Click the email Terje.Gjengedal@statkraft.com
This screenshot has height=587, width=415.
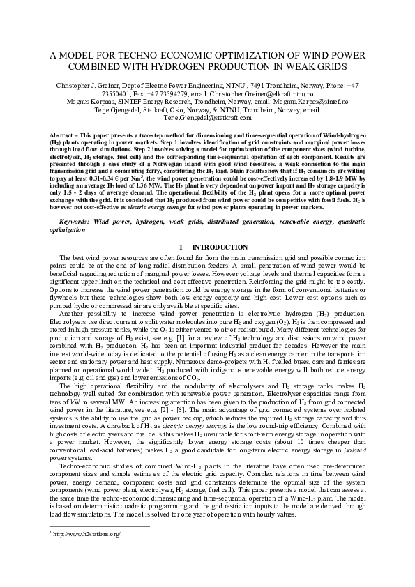click(x=206, y=116)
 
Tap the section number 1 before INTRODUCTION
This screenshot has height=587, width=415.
click(x=181, y=227)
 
